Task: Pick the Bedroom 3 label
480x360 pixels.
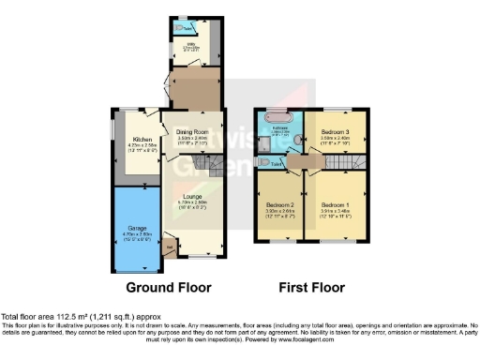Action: click(334, 132)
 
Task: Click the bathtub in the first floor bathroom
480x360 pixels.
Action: click(277, 119)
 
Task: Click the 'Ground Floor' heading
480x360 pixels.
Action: click(169, 287)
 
